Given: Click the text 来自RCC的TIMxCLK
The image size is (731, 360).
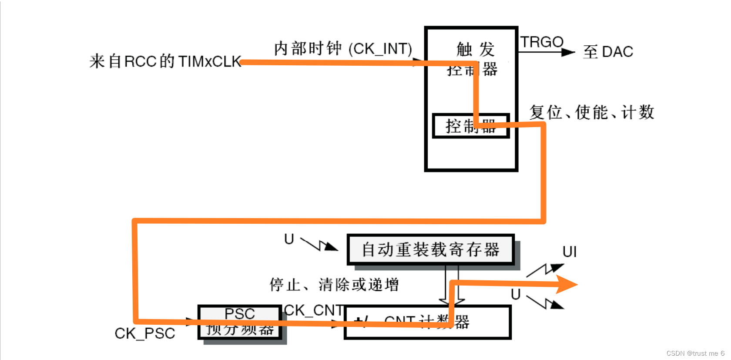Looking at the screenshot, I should pos(165,61).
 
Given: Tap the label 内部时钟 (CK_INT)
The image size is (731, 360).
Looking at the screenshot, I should pos(343,49).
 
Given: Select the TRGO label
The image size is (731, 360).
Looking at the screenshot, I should pos(542,42).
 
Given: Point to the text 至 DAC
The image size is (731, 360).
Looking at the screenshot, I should pos(608,52).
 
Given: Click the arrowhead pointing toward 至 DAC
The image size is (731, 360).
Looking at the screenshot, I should pos(568,52).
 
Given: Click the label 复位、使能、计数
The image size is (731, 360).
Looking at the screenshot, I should pos(592,112).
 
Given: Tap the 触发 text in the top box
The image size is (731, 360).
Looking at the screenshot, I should pos(475,49).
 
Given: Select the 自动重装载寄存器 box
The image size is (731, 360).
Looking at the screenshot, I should pos(430,249).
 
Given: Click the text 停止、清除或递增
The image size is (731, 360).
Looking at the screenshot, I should pos(334,285).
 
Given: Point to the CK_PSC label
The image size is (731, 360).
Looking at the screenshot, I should pos(145,333).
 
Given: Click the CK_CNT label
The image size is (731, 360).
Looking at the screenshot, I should pos(314,310).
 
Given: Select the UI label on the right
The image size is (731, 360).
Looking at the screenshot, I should pos(570,252).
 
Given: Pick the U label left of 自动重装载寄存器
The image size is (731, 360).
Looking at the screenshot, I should pos(289,239).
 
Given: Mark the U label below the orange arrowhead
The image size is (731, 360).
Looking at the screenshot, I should pos(516,295).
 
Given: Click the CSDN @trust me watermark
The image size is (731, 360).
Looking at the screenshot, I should pos(695,353).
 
